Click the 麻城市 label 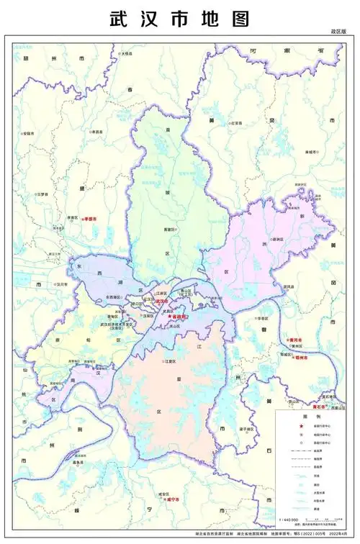(x=311, y=152)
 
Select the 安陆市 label (x=30, y=133)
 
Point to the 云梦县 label (x=42, y=194)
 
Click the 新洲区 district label (x=276, y=239)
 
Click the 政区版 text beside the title (x=338, y=32)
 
